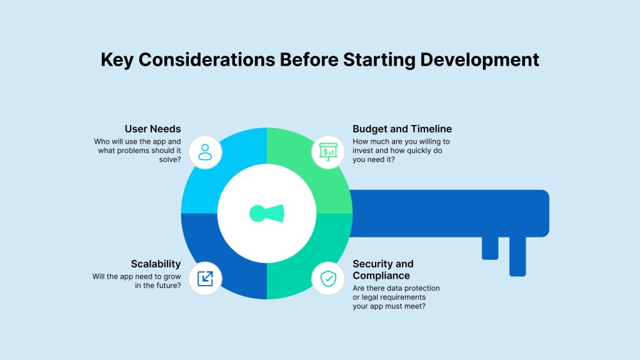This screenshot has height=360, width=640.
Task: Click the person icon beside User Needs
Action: pyautogui.click(x=205, y=152)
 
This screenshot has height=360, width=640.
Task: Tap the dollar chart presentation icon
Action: pyautogui.click(x=328, y=152)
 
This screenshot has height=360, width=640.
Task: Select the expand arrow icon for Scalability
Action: pyautogui.click(x=205, y=279)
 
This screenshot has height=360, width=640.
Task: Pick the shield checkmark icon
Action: pyautogui.click(x=328, y=279)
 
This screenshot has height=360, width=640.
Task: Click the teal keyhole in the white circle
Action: pyautogui.click(x=266, y=214)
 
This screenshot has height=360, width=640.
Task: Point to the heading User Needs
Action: pyautogui.click(x=152, y=129)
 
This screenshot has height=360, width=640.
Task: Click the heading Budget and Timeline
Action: pyautogui.click(x=402, y=129)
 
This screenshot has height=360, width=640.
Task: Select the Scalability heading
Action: pyautogui.click(x=156, y=264)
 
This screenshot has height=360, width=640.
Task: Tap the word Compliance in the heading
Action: pyautogui.click(x=381, y=276)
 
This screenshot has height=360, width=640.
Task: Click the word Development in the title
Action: pyautogui.click(x=479, y=59)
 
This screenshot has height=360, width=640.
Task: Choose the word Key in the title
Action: pyautogui.click(x=117, y=59)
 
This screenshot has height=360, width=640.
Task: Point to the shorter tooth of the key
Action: pyautogui.click(x=490, y=247)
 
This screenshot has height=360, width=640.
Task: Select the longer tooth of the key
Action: pyautogui.click(x=517, y=256)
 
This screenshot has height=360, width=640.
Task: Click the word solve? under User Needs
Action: pyautogui.click(x=170, y=159)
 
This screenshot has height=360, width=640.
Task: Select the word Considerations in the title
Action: pyautogui.click(x=207, y=59)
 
